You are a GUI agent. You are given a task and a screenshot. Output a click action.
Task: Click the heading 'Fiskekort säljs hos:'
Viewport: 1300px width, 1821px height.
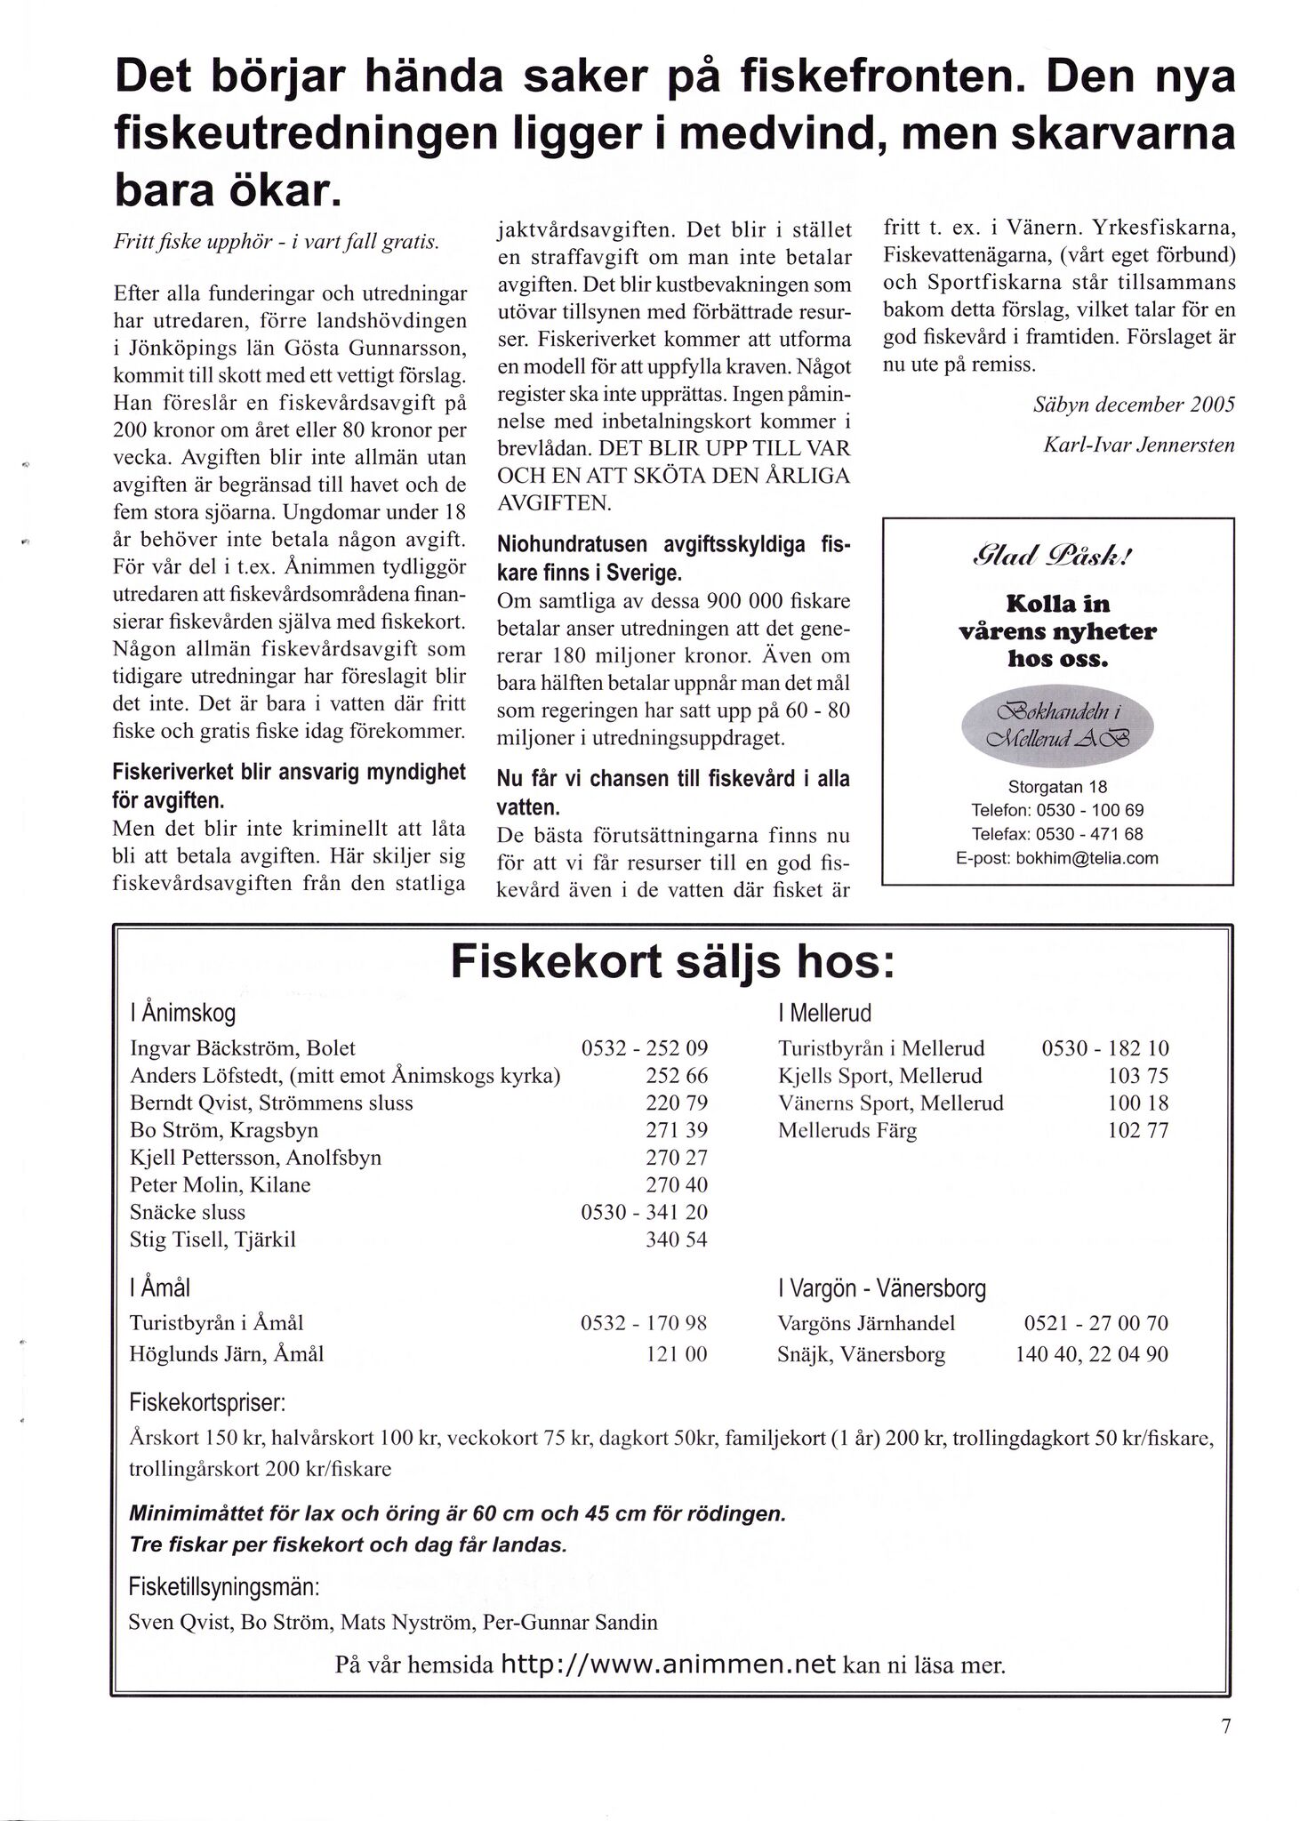[x=671, y=961]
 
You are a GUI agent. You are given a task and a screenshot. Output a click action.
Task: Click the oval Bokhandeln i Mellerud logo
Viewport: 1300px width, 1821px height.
[x=1057, y=726]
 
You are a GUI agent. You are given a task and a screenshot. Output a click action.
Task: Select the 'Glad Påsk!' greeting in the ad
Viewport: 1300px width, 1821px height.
[x=1057, y=558]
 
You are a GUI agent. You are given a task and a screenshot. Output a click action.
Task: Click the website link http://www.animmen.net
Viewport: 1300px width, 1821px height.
[x=669, y=1665]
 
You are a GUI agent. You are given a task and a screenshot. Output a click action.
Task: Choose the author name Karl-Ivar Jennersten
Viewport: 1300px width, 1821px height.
[x=1138, y=445]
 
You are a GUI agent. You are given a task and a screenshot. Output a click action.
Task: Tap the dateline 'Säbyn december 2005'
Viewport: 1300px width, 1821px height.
[x=1134, y=405]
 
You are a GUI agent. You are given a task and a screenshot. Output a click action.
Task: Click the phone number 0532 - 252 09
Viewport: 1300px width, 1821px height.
[x=644, y=1048]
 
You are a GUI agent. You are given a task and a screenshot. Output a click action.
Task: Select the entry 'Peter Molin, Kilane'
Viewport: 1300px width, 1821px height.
[x=220, y=1185]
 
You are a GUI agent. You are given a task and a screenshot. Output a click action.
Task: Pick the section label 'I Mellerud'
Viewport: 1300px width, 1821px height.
[x=824, y=1013]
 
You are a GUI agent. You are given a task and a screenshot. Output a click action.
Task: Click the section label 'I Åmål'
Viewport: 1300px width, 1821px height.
[x=160, y=1288]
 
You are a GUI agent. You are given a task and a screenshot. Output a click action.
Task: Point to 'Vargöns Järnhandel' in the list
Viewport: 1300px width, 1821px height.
[x=866, y=1323]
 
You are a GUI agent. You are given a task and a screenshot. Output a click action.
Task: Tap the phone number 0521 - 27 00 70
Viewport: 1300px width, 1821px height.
[x=1095, y=1323]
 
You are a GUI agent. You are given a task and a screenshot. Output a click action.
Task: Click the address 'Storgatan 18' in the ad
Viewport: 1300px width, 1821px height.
[x=1057, y=787]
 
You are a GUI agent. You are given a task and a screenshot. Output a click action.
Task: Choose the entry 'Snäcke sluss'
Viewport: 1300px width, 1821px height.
[x=187, y=1213]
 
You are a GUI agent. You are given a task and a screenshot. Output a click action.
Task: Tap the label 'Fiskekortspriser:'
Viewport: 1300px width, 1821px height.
[x=206, y=1403]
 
